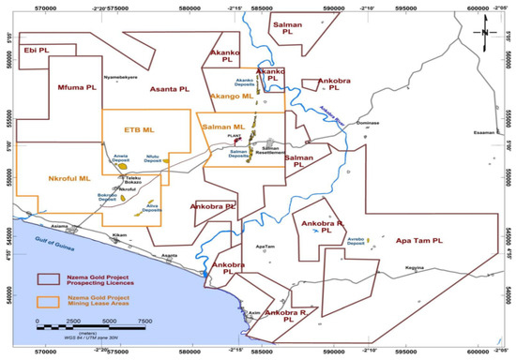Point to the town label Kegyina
(x=428, y=267)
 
